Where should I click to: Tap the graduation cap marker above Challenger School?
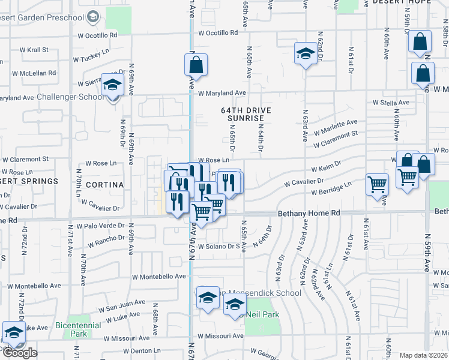coord(112,85)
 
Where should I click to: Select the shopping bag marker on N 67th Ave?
coord(196,64)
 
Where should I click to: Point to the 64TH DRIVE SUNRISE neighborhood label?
coord(246,115)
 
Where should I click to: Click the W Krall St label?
coord(34,50)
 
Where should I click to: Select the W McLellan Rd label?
coord(37,73)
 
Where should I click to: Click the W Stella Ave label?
coord(391,103)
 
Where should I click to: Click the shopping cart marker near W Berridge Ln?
coord(377,184)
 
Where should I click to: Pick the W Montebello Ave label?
coord(163,277)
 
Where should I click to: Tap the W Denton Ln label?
coord(142,350)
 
